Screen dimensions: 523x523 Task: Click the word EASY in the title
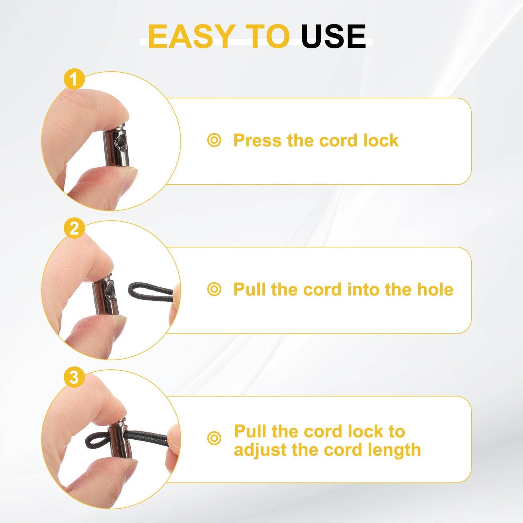tap(191, 36)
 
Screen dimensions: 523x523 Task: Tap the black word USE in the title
tap(334, 36)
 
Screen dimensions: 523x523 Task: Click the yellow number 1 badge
tap(74, 79)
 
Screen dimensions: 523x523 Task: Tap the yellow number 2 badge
tap(74, 228)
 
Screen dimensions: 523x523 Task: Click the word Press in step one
tap(257, 141)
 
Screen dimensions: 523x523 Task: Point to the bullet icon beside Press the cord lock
tap(214, 141)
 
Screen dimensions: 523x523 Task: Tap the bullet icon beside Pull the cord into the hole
tap(214, 290)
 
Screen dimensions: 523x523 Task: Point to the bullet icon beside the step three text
tap(214, 438)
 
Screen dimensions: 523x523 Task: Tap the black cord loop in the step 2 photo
tap(151, 292)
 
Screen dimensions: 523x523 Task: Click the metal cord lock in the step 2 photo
tap(104, 294)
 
